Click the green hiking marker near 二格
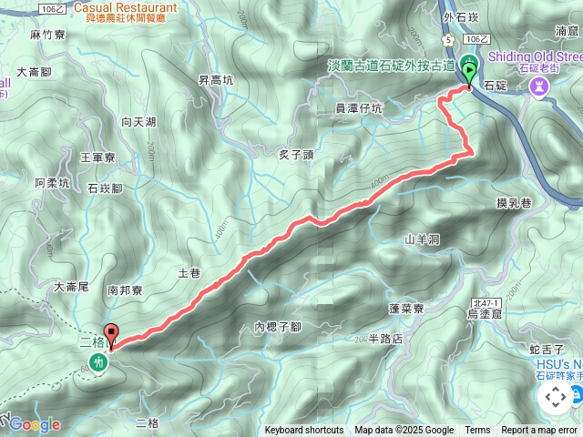tap(99, 363)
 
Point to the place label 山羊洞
tap(422, 239)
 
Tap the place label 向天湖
tap(138, 121)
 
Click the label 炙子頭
tap(295, 155)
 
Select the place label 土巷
tap(189, 272)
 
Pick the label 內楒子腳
tap(278, 326)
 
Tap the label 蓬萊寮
tap(406, 309)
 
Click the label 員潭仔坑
tap(359, 108)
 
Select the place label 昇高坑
tap(216, 80)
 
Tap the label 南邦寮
tap(125, 291)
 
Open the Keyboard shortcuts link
tap(304, 431)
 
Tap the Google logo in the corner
tap(35, 424)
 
